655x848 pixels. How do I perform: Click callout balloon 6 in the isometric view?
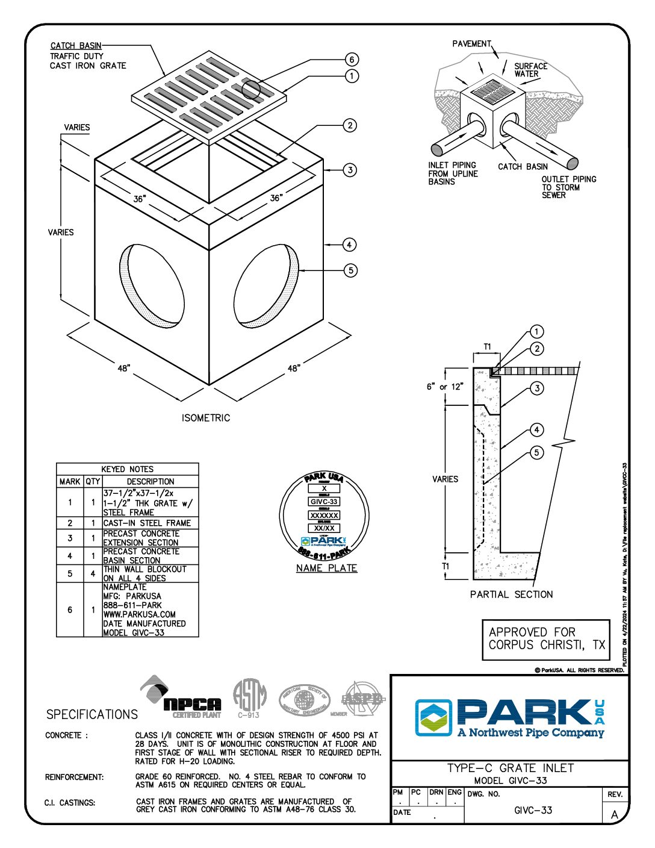[x=352, y=59]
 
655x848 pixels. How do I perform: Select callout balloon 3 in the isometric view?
[x=350, y=170]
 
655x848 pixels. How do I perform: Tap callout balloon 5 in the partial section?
[x=537, y=452]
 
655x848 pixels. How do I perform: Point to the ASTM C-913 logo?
[x=249, y=699]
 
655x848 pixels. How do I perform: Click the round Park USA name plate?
[x=324, y=516]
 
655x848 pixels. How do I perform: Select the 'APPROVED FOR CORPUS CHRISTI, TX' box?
[x=546, y=639]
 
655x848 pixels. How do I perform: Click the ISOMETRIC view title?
[x=206, y=418]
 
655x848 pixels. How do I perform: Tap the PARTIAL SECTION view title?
[x=511, y=594]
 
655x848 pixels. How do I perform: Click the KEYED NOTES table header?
[x=128, y=469]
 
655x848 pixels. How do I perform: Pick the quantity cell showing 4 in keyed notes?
[x=93, y=573]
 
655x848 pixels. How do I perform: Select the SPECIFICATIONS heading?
[x=92, y=714]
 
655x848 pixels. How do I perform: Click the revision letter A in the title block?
[x=615, y=814]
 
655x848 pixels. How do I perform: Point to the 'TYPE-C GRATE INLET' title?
[x=510, y=768]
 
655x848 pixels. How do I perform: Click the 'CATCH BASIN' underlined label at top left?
[x=76, y=46]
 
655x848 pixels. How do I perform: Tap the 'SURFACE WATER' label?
[x=530, y=70]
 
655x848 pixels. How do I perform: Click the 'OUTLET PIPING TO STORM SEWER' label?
[x=568, y=187]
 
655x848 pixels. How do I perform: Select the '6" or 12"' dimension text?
[x=445, y=387]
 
